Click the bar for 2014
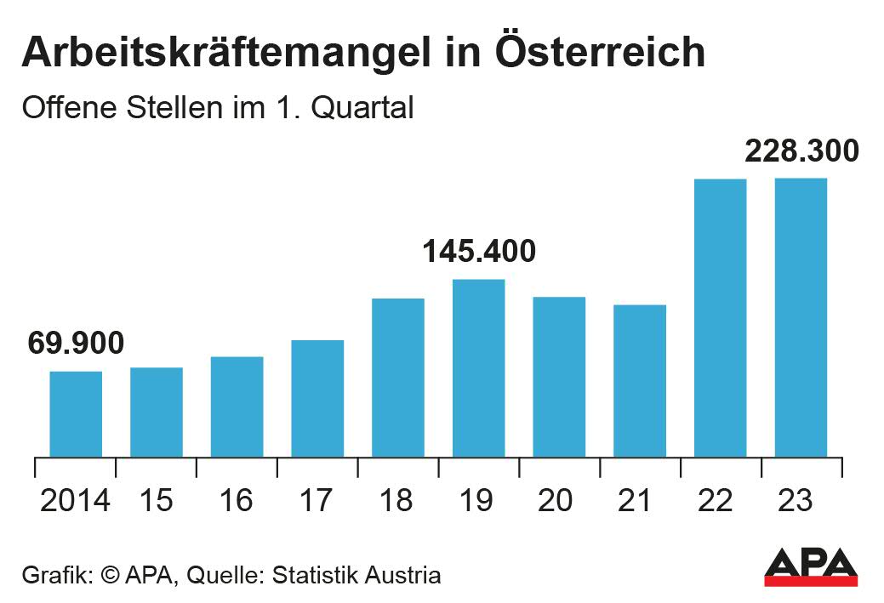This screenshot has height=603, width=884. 76,414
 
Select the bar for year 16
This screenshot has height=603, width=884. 237,407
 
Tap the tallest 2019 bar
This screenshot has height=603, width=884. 478,368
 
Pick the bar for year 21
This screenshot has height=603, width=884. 640,381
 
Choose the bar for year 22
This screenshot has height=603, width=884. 720,318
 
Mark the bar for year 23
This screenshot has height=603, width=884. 801,317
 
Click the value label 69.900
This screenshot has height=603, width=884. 76,343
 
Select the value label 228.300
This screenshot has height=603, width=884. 801,151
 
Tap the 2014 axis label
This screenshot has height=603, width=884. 76,501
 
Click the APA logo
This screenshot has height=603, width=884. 810,566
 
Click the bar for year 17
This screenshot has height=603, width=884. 317,398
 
